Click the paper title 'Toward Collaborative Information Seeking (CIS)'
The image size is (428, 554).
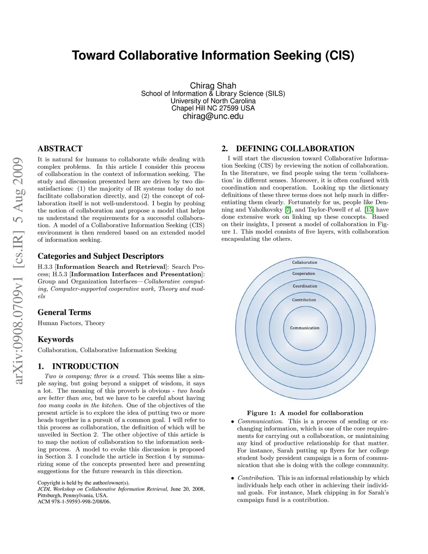point(213,56)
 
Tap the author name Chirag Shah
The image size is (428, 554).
point(213,85)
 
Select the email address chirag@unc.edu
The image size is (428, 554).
point(213,116)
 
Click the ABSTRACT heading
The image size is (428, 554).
point(60,148)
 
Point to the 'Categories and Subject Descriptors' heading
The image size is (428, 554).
point(101,256)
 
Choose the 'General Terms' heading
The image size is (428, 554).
point(64,312)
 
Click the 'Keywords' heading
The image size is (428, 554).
point(56,339)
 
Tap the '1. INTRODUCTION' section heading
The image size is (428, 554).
point(78,366)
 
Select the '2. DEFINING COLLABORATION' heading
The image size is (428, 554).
point(288,148)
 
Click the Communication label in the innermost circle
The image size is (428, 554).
point(305,328)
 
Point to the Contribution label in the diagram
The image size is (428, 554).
point(304,300)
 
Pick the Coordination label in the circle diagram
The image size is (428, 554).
point(305,286)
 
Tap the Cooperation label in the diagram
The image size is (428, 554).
point(304,273)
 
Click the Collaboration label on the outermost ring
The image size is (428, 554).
point(305,263)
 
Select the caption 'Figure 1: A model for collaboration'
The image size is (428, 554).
point(305,413)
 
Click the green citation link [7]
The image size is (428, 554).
point(288,209)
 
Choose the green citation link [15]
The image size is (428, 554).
point(369,209)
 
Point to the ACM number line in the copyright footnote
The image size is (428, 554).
point(74,502)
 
